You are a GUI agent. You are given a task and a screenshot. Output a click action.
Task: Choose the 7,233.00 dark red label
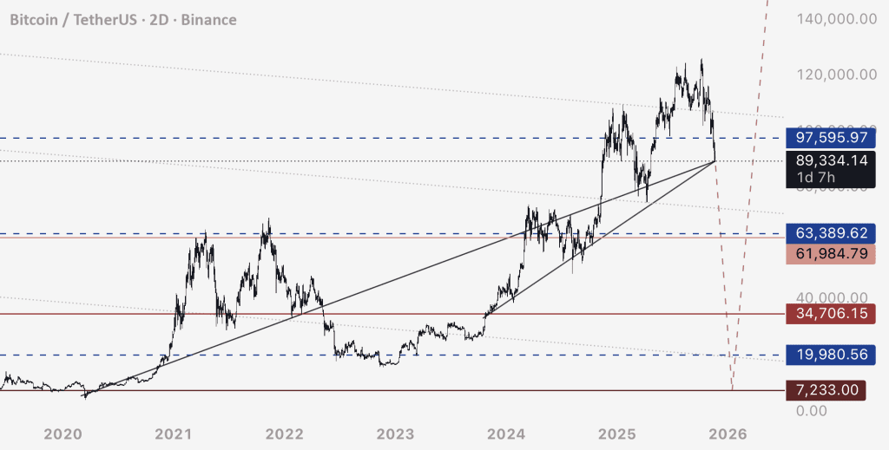827,390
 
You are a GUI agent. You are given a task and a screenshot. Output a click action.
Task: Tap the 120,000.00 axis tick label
833,74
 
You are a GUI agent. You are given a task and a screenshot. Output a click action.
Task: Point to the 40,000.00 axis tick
833,297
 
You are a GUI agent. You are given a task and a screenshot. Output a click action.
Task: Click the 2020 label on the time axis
63,434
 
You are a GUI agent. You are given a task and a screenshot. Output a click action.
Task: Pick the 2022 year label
284,434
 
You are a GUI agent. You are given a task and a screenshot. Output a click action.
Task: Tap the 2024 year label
506,434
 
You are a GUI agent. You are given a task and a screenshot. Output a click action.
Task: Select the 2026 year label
728,434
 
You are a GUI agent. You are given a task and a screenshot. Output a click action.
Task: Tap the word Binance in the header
207,19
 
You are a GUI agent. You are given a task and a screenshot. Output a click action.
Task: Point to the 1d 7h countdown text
817,179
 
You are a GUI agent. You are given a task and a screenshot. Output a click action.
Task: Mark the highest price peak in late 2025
701,61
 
